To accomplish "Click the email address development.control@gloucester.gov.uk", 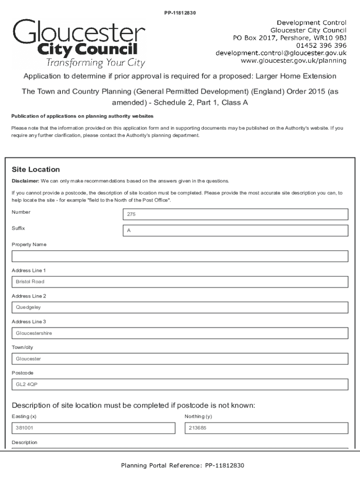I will pos(281,53).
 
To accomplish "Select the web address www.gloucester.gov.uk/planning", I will pos(293,60).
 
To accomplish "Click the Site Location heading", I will pos(36,169).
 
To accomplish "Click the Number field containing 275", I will pos(235,214).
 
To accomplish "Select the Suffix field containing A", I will pos(235,231).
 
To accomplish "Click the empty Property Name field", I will pos(180,256).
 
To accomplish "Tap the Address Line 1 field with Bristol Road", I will pos(180,282).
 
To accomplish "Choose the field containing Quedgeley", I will pos(180,308).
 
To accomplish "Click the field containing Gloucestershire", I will pos(180,334).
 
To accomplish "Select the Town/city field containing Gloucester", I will pos(180,359).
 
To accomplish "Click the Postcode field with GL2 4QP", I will pos(180,385).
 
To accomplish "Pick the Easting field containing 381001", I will pos(93,428).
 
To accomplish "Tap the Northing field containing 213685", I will pos(266,428).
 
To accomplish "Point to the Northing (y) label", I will pos(198,416).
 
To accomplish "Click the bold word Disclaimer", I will pos(25,181).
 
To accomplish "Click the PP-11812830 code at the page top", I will pos(180,13).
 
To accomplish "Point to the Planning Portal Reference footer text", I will pos(182,465).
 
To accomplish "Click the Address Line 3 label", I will pos(29,322).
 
